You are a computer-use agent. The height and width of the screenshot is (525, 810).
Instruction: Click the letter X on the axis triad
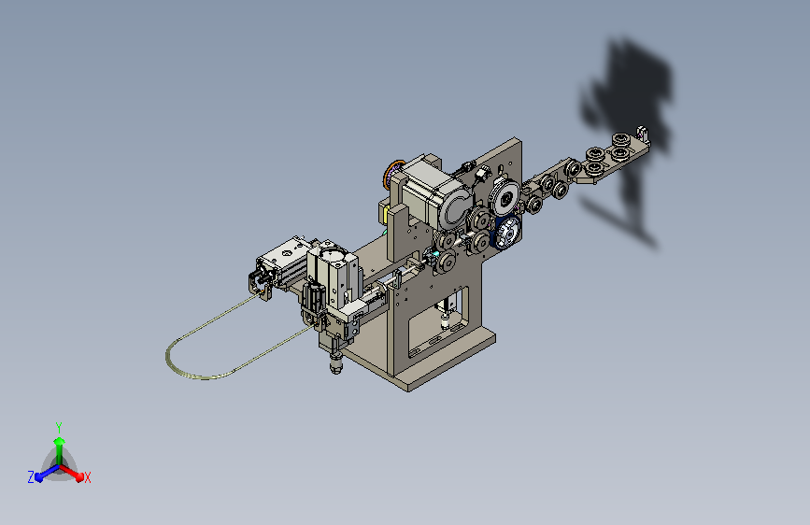87,477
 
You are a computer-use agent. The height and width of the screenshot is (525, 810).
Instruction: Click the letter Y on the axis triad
59,427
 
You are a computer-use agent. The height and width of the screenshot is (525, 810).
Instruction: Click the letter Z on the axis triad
31,477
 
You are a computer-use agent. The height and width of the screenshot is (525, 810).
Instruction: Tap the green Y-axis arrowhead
60,441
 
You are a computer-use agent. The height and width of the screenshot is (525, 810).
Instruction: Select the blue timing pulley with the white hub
506,232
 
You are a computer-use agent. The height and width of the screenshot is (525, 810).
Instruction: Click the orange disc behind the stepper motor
392,174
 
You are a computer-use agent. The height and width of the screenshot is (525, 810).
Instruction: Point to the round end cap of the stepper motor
455,206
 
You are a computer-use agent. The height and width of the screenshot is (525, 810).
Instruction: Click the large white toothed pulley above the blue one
504,197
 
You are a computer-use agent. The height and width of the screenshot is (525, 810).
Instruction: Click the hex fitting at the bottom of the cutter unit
335,365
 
